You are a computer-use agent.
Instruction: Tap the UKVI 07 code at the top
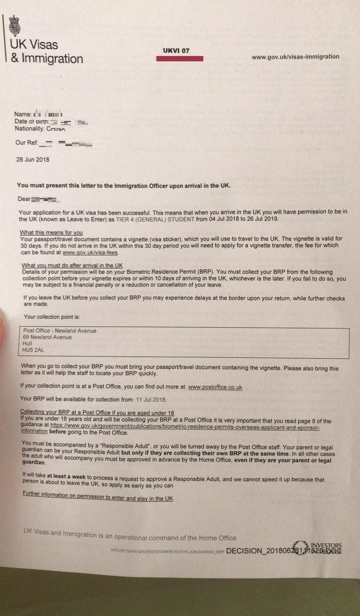(x=176, y=50)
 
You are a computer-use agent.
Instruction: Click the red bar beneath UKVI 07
(x=180, y=59)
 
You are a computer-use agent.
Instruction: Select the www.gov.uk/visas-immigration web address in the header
(x=295, y=57)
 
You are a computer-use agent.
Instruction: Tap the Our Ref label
(x=26, y=143)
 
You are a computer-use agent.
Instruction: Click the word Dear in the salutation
(x=24, y=198)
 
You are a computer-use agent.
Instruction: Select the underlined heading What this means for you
(x=51, y=232)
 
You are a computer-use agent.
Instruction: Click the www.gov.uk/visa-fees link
(x=90, y=252)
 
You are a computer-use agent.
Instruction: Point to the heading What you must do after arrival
(x=72, y=266)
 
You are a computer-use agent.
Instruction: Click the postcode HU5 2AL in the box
(x=33, y=350)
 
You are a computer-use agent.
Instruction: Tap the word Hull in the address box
(x=27, y=344)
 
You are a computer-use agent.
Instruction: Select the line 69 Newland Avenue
(x=47, y=337)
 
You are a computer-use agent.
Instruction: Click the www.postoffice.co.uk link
(x=215, y=387)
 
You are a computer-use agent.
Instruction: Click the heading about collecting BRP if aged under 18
(x=96, y=412)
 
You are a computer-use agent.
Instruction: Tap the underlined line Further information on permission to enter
(x=97, y=498)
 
